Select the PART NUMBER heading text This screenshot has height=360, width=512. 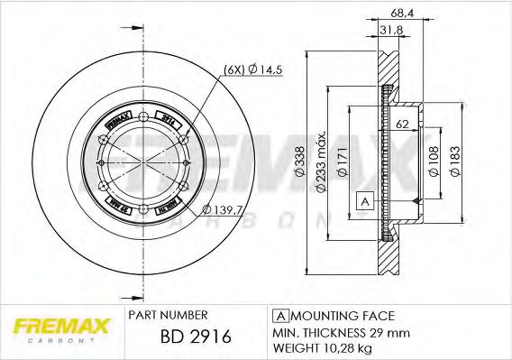[169, 315]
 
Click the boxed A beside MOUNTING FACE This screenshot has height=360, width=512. [280, 315]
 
